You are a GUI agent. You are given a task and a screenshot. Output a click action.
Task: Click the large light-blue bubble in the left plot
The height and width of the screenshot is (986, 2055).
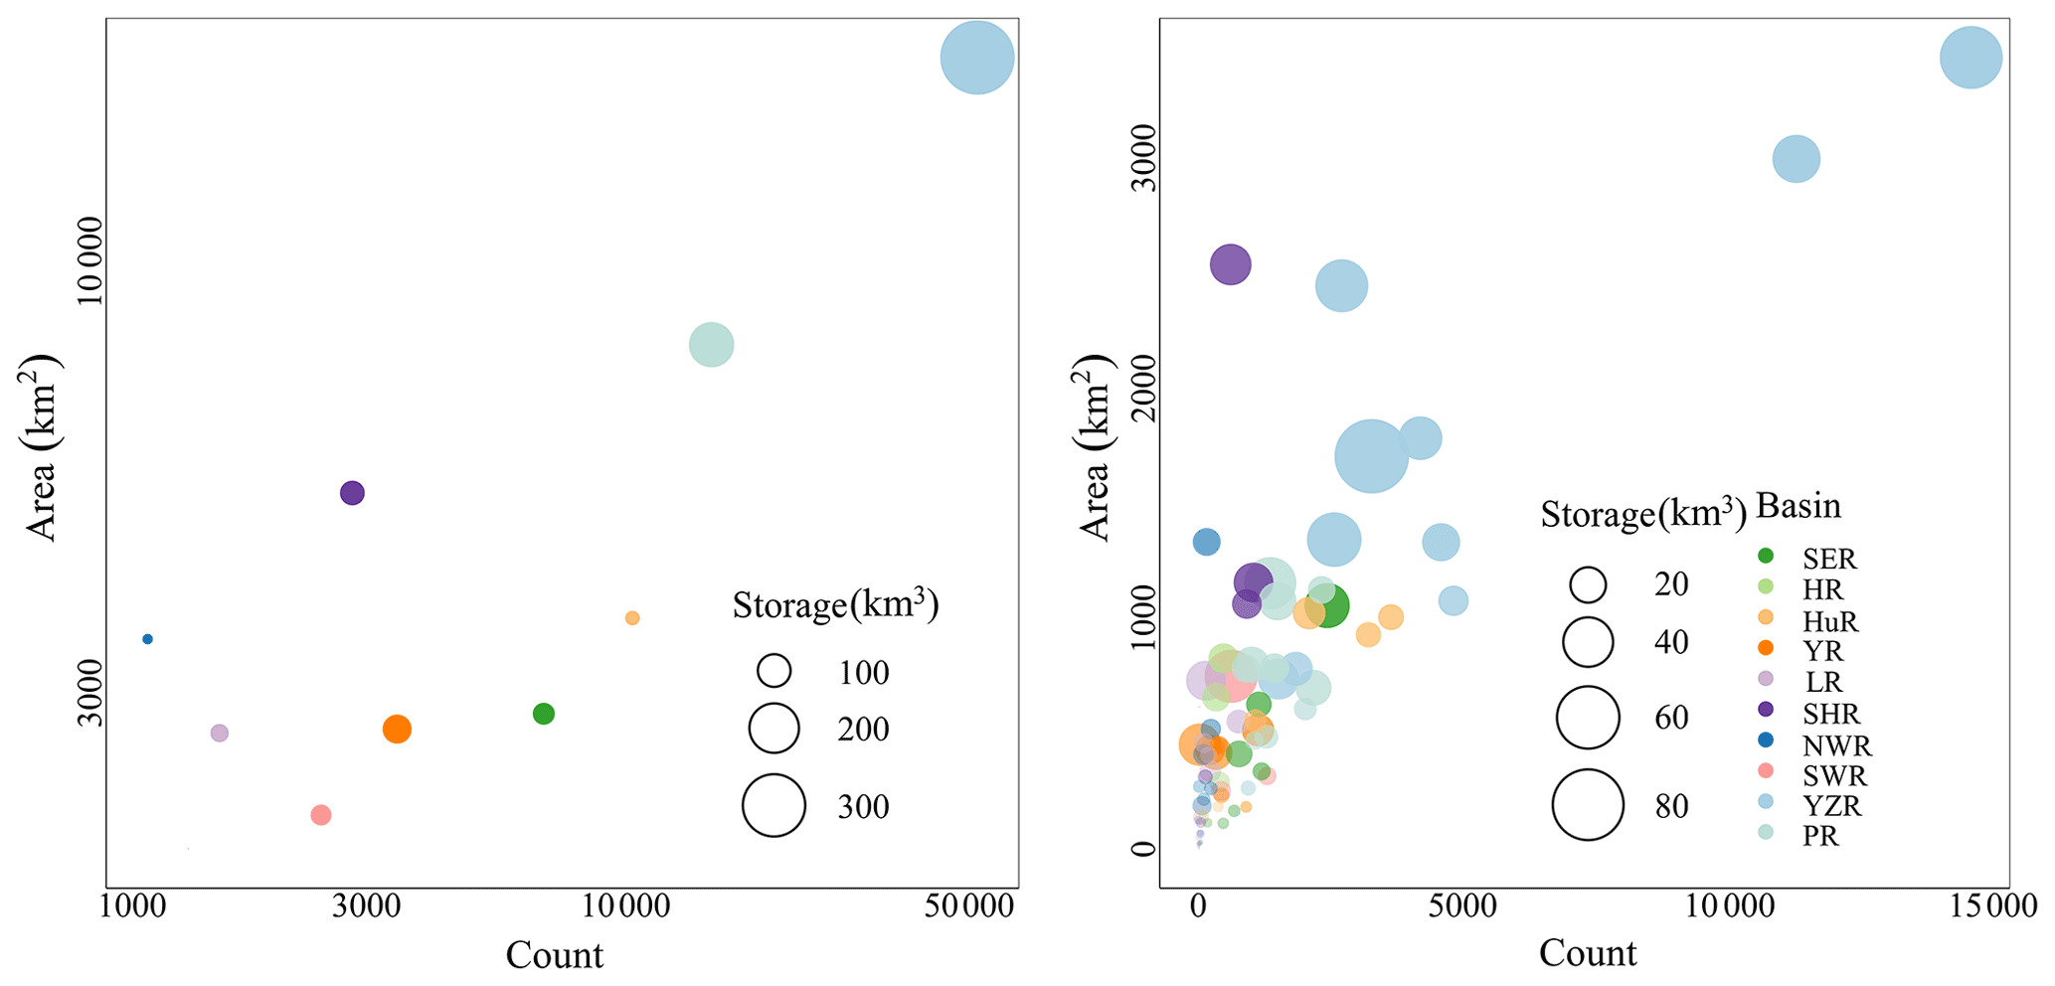976,58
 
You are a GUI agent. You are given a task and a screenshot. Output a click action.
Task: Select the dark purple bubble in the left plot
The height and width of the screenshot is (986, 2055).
352,492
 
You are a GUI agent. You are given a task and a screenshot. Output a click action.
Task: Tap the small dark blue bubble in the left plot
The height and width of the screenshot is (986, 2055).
147,639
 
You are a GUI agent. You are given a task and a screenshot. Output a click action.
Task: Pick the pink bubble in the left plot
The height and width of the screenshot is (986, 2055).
320,815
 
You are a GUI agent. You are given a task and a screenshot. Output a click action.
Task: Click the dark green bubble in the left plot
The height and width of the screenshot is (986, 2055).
543,714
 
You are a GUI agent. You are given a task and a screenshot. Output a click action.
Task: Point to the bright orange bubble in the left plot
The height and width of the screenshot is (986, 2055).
397,730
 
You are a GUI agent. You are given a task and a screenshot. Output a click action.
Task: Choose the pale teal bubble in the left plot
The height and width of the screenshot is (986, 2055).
711,345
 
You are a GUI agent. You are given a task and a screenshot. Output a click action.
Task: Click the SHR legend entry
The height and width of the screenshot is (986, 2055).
1829,714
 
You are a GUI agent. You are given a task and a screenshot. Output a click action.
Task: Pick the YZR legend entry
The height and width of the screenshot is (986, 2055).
1831,805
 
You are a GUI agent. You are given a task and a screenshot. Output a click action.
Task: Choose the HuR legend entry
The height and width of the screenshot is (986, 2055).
1829,621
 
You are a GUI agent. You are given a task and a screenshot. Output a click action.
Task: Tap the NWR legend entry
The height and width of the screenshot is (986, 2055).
1835,744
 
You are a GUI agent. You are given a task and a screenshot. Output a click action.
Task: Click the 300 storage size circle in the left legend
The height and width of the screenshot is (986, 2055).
773,805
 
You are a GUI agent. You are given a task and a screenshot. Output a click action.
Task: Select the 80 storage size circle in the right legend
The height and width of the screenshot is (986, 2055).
1588,805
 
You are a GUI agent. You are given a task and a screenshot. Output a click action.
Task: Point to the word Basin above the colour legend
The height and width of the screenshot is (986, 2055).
1798,506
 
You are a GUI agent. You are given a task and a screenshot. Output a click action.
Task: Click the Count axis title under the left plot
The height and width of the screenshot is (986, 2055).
554,955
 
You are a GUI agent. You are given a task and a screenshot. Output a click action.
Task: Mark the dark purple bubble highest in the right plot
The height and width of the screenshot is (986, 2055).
1230,264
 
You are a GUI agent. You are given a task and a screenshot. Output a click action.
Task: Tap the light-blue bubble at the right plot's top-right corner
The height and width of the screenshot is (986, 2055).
1970,58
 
